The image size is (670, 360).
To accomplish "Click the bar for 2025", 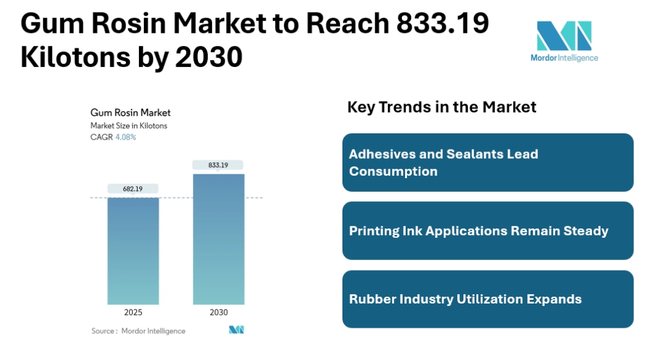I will [133, 251].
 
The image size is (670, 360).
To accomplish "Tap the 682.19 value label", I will [133, 188].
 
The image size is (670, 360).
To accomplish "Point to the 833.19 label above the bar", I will [218, 165].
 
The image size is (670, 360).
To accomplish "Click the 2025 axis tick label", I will [133, 312].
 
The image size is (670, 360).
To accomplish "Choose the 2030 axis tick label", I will [218, 312].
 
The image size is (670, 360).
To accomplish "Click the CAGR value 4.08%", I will [125, 137].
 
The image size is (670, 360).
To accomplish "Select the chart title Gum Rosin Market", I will [130, 112].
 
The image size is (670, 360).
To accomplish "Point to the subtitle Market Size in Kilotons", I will [129, 125].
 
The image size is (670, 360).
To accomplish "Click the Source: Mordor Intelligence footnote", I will [138, 331].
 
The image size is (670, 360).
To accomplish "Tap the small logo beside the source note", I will [236, 330].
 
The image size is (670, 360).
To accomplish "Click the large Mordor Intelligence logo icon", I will [564, 36].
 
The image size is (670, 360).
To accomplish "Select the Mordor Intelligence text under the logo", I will [564, 58].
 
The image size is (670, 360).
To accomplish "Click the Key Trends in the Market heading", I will [442, 107].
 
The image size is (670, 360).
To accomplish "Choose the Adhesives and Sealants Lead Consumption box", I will [488, 163].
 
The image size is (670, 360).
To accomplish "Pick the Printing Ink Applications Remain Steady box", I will [488, 231].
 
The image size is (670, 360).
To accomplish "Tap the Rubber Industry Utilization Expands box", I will [488, 299].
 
